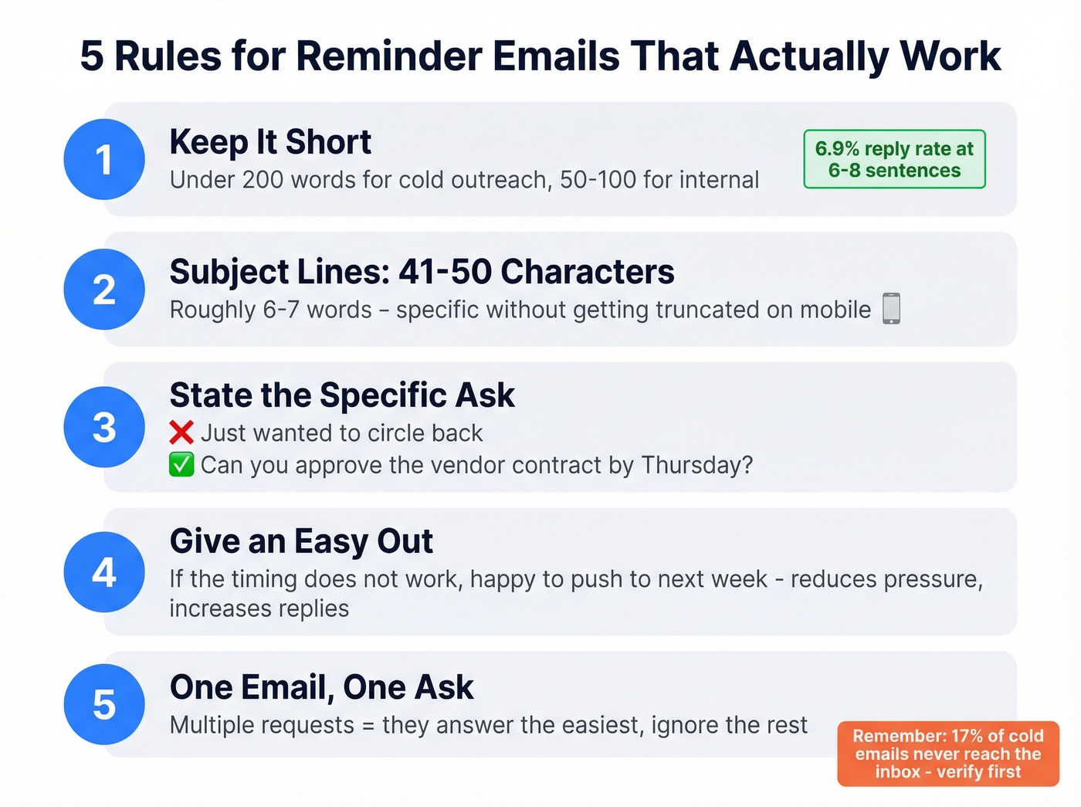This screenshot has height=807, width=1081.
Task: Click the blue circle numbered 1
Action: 104,160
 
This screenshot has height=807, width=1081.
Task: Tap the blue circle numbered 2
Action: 104,290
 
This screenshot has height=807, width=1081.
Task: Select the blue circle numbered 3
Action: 104,427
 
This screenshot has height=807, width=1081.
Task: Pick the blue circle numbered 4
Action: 104,572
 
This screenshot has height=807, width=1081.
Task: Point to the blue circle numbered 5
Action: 104,704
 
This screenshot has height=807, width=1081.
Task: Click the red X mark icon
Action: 181,432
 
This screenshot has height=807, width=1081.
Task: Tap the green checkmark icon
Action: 181,465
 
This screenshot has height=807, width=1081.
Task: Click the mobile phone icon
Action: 891,309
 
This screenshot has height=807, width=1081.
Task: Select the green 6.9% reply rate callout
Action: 894,159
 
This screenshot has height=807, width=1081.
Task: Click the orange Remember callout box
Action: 948,754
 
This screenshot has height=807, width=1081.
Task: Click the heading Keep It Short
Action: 270,142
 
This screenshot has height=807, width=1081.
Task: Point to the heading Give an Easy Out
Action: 301,541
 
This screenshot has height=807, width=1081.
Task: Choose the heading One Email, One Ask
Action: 321,687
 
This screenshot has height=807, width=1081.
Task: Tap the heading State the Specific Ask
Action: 342,395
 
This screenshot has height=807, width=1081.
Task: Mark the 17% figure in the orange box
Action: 966,736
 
